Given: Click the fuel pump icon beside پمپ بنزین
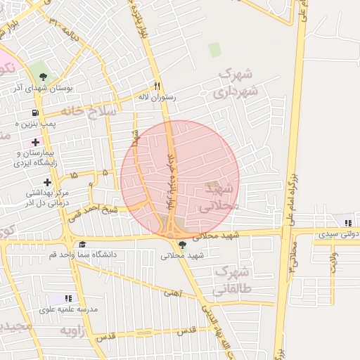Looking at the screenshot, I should tap(35, 112).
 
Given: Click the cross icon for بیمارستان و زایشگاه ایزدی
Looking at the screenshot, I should tap(35, 143).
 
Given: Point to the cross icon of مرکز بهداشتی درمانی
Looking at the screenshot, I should tap(46, 182).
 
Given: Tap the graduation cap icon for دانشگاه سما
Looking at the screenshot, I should tap(83, 244).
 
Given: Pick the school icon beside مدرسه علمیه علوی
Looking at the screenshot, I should tap(69, 299).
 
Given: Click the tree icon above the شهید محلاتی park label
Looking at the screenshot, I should tap(183, 245).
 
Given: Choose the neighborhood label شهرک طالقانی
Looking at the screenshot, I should tap(233, 279).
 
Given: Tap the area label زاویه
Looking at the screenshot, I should tap(73, 330).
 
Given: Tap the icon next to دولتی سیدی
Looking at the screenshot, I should tap(349, 223).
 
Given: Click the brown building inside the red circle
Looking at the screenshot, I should tap(212, 187).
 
